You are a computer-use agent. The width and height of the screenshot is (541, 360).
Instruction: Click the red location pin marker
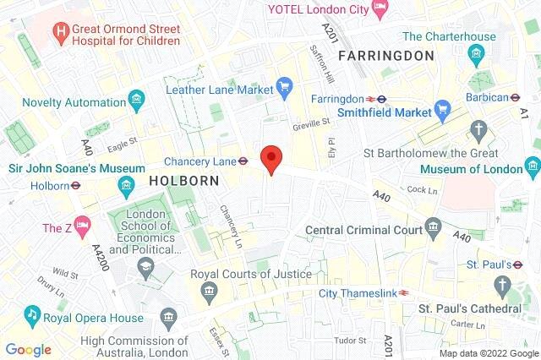270,158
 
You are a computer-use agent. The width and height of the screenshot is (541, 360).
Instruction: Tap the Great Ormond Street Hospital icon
61,33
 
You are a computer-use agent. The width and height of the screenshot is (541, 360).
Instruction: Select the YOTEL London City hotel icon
381,8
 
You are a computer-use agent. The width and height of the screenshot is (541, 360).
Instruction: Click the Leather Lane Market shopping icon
285,88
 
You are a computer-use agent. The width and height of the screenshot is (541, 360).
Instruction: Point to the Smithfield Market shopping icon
441,110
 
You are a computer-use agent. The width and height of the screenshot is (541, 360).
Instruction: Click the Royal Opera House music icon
32,314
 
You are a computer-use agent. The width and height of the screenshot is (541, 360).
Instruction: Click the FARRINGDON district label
385,56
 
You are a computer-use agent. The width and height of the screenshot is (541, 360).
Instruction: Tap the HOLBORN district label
184,181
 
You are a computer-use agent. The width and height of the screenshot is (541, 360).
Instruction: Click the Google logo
28,349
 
